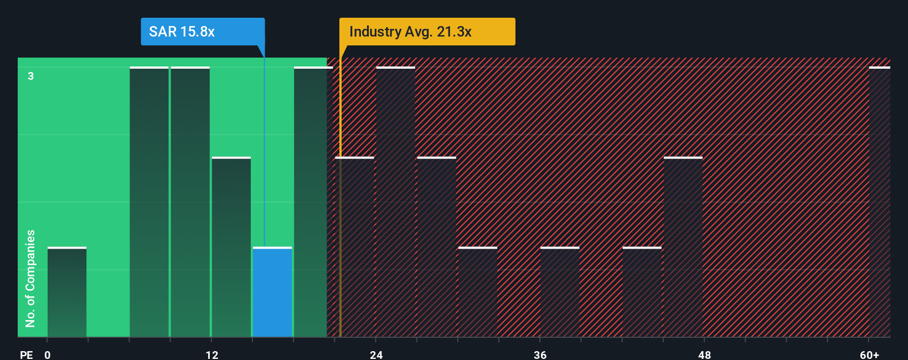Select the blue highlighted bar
pyautogui.click(x=272, y=292)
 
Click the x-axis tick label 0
pyautogui.click(x=48, y=354)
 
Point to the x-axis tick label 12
pyautogui.click(x=212, y=354)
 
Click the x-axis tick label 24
pyautogui.click(x=376, y=354)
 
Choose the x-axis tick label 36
pyautogui.click(x=540, y=354)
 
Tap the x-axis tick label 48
pyautogui.click(x=704, y=354)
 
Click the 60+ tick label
pyautogui.click(x=869, y=354)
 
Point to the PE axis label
pyautogui.click(x=26, y=354)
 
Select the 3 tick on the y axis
pyautogui.click(x=31, y=76)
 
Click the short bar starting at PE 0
pyautogui.click(x=67, y=292)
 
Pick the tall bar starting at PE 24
pyautogui.click(x=395, y=202)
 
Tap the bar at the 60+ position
pyautogui.click(x=879, y=202)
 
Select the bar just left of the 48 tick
pyautogui.click(x=683, y=247)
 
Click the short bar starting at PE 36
pyautogui.click(x=560, y=292)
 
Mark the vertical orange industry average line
pyautogui.click(x=341, y=222)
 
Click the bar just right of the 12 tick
pyautogui.click(x=231, y=247)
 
